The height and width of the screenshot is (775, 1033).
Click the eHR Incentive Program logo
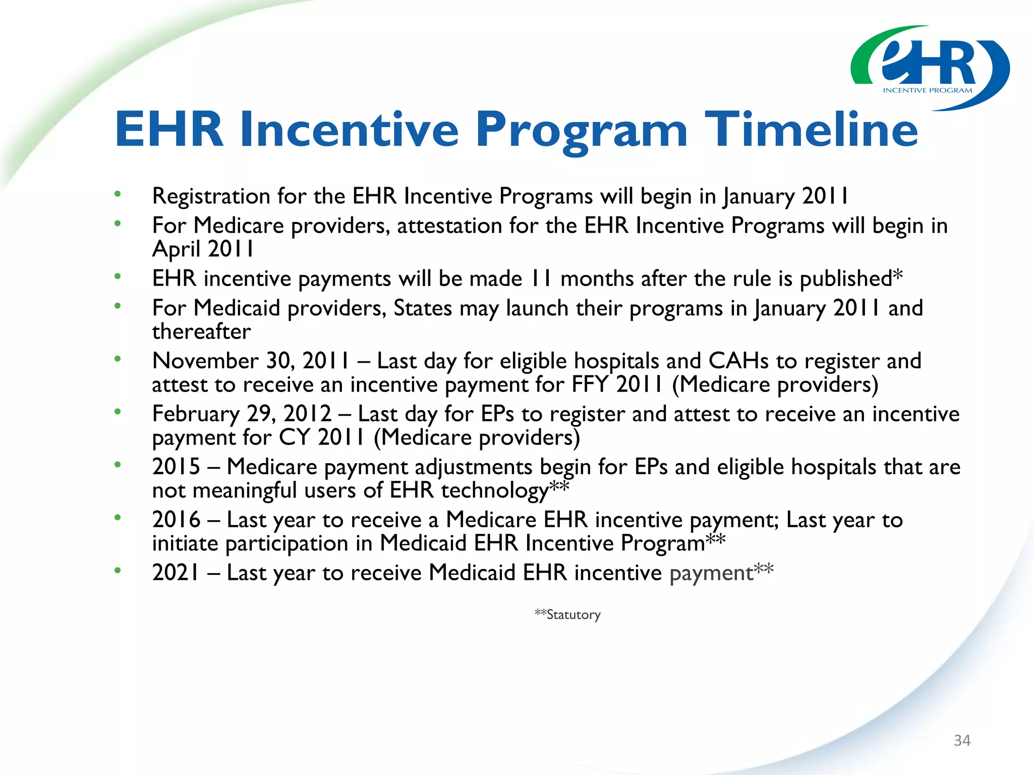(930, 68)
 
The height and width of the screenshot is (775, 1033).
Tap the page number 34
(962, 740)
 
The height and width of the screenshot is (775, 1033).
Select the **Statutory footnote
(567, 615)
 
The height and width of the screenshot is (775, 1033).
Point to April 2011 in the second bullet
(203, 249)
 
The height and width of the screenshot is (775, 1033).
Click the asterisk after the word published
(897, 276)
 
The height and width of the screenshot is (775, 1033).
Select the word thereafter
(201, 331)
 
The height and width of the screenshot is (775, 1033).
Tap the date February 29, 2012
(242, 414)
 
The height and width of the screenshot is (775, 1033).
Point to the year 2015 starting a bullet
(176, 467)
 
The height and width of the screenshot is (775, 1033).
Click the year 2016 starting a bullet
(176, 520)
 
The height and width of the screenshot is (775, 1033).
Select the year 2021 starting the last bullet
(176, 573)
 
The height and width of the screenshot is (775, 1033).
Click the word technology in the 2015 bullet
(494, 491)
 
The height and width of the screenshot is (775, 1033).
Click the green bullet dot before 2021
(118, 571)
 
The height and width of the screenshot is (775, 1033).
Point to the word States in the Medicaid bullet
(423, 308)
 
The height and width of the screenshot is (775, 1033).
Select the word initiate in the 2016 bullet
(185, 543)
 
